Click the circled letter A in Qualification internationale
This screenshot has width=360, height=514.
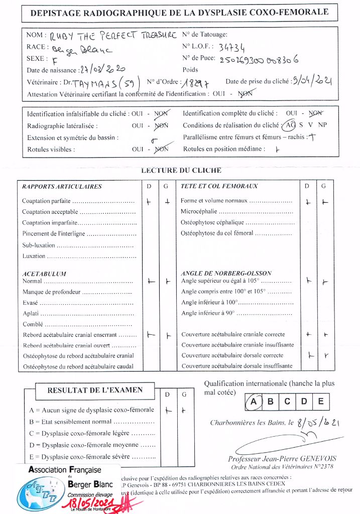click(x=254, y=401)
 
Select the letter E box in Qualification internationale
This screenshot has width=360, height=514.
click(x=321, y=401)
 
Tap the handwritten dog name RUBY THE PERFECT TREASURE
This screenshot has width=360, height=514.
click(x=113, y=36)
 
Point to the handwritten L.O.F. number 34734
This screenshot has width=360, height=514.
click(x=232, y=48)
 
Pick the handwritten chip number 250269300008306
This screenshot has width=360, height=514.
click(x=259, y=59)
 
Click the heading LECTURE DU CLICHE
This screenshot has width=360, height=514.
click(x=181, y=171)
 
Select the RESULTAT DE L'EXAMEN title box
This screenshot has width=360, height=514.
click(x=95, y=390)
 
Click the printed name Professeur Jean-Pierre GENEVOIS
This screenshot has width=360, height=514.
click(x=282, y=458)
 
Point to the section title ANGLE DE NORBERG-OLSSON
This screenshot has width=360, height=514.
click(x=226, y=274)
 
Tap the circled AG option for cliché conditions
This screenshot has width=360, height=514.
click(x=290, y=125)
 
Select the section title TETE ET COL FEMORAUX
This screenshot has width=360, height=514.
click(x=219, y=186)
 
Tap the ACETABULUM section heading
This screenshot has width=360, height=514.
click(x=44, y=274)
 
